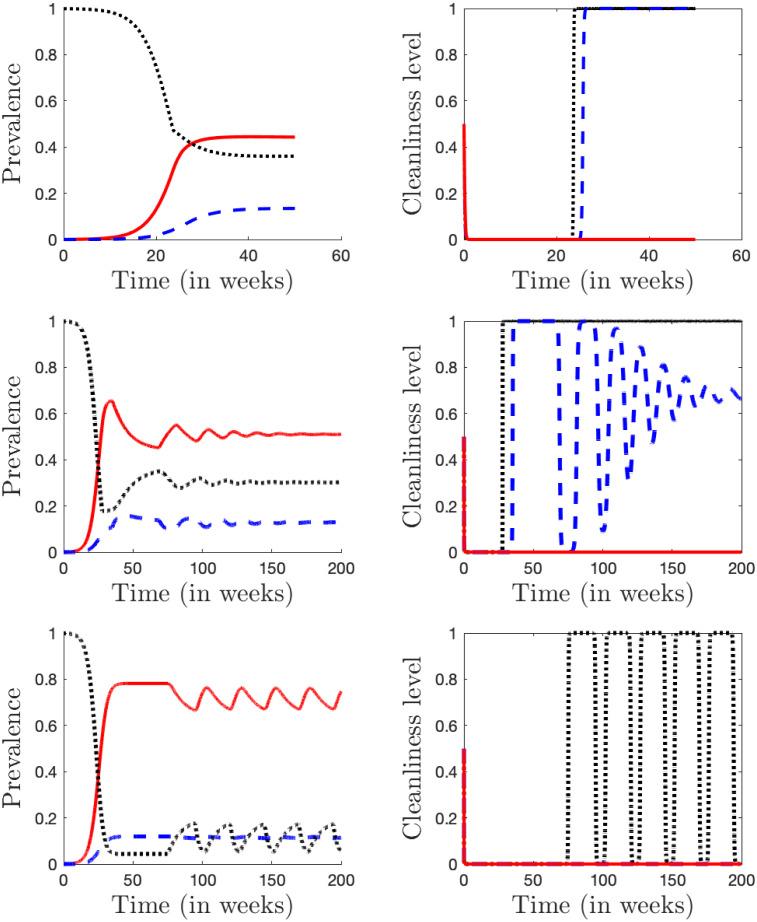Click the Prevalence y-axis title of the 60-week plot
[17, 124]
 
